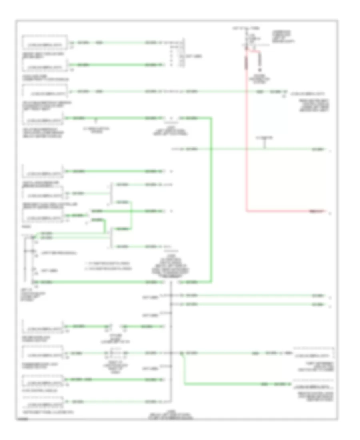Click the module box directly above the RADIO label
click(43, 217)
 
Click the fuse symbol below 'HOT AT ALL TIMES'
click(246, 41)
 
